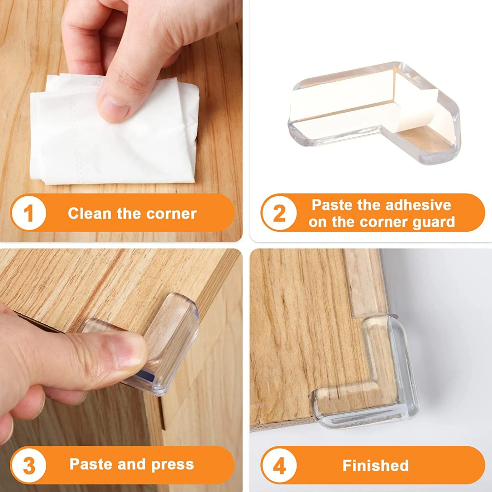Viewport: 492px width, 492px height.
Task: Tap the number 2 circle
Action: [x=278, y=214]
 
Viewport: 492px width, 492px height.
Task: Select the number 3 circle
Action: [x=29, y=465]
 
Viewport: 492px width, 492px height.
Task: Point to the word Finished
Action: [x=375, y=465]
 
